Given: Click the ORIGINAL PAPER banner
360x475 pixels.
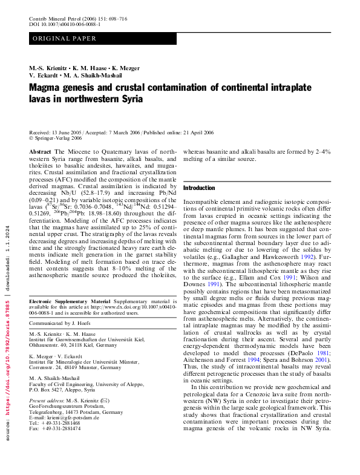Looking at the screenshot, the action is pyautogui.click(x=65, y=39).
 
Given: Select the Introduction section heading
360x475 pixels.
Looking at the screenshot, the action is pyautogui.click(x=199, y=188).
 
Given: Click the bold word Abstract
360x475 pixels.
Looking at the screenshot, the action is pyautogui.click(x=40, y=151).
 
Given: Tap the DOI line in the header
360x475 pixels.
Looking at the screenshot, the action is pyautogui.click(x=65, y=25).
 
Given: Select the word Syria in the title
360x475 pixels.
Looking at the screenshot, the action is pyautogui.click(x=129, y=99).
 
